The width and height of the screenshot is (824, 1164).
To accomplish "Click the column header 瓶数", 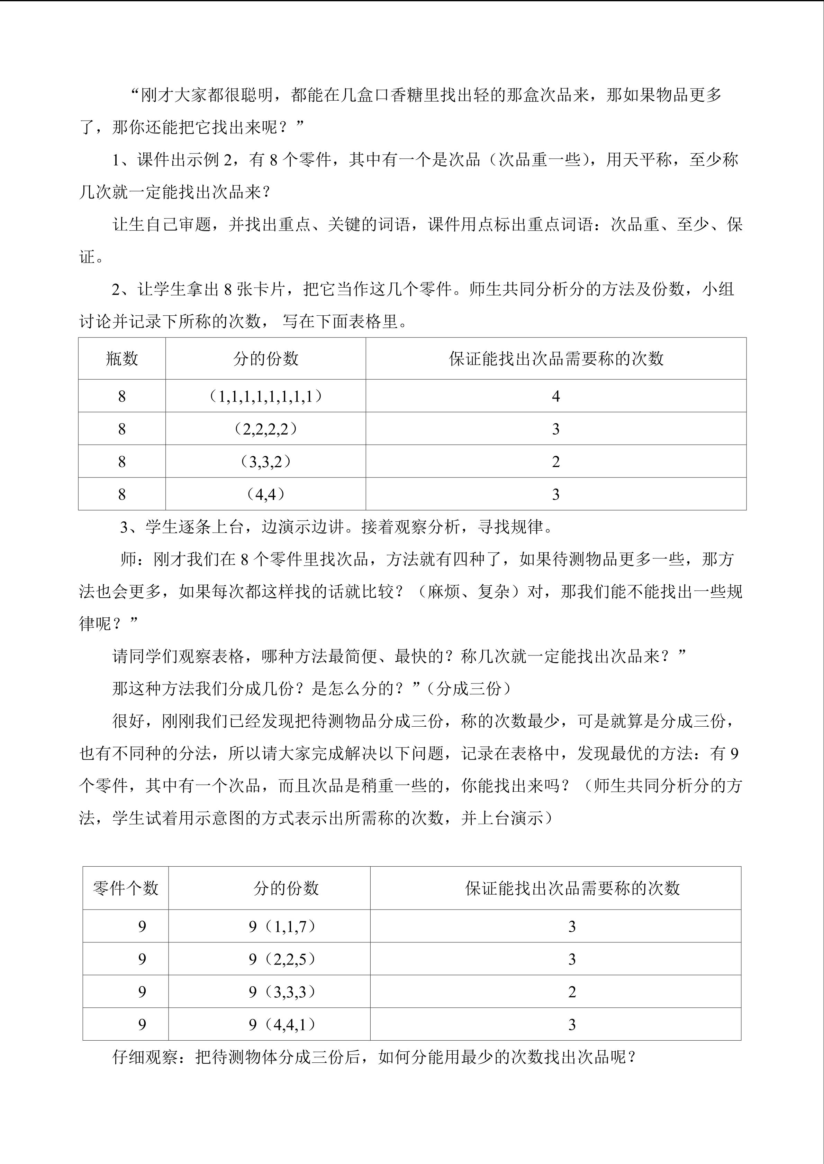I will (122, 359).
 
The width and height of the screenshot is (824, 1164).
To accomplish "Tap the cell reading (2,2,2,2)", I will (265, 429).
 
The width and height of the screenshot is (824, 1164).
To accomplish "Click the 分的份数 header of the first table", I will (265, 359).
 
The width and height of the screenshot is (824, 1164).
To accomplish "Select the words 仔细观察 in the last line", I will (145, 1058).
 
